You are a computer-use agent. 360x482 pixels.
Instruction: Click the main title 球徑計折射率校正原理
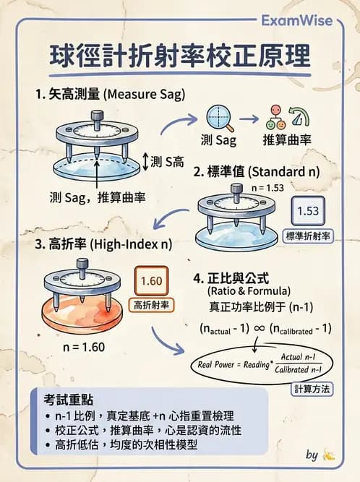point(180,56)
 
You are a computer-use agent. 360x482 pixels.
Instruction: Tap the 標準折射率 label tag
point(309,236)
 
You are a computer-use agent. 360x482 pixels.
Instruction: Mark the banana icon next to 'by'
point(330,455)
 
